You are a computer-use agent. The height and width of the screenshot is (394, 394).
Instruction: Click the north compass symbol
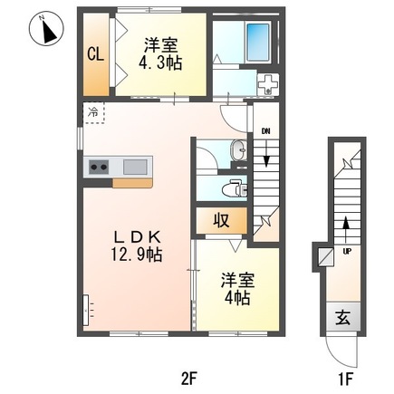pos(46,29)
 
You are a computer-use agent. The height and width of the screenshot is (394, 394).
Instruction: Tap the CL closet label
pos(96,54)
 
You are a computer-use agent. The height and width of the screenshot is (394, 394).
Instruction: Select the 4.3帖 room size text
pos(160,64)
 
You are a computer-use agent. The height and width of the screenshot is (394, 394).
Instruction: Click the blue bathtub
pos(258,43)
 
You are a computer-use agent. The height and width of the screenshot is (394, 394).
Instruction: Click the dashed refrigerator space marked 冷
pos(93,112)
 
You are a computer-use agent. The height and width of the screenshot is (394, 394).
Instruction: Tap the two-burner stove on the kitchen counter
pos(99,167)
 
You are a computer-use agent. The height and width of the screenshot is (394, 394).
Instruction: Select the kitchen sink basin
pos(135,167)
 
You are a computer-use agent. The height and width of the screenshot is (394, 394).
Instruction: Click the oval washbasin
pos(239,149)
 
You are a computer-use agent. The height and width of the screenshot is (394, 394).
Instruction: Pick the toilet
pos(235,189)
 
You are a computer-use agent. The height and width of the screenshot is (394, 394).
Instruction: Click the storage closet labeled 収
pos(222,220)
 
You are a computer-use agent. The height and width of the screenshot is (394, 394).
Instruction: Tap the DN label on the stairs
pos(265,131)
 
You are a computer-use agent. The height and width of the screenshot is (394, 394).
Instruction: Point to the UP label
pos(347,250)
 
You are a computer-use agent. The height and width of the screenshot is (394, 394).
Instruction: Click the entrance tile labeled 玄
pos(343,317)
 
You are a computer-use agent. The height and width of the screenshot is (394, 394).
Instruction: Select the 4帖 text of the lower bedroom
pos(237,298)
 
